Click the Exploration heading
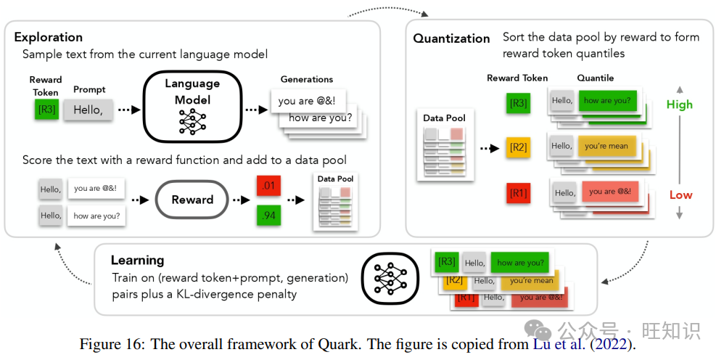[48, 37]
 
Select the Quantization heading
[451, 38]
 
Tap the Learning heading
[137, 260]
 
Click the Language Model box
[192, 106]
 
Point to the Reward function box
[192, 200]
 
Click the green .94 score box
[268, 216]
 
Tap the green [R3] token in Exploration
[46, 110]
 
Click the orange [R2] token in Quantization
[518, 147]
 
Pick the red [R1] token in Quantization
[518, 193]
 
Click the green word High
[679, 105]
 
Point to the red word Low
[680, 195]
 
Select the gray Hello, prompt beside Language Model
[89, 110]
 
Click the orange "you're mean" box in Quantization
[606, 146]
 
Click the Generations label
[306, 79]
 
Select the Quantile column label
[595, 78]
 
